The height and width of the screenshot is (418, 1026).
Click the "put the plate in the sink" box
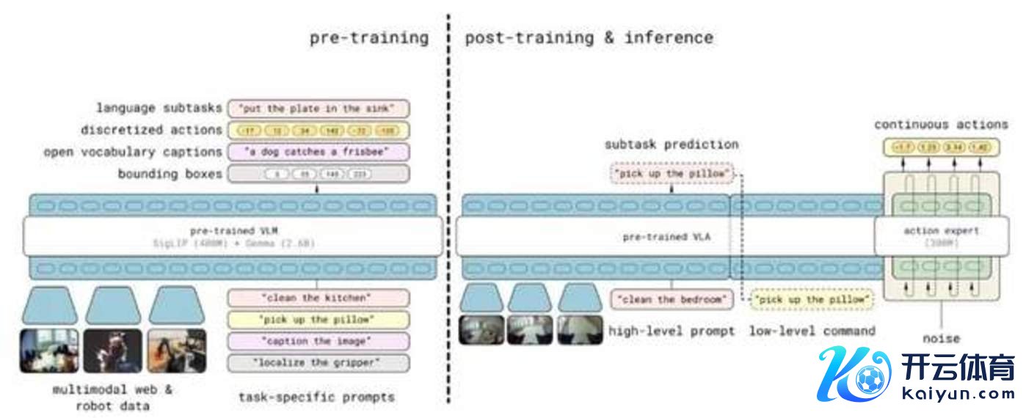(x=318, y=109)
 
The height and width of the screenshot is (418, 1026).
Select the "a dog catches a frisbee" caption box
(x=318, y=152)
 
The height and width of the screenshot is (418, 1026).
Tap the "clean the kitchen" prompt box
(x=318, y=298)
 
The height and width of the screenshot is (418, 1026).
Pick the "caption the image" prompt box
(x=318, y=341)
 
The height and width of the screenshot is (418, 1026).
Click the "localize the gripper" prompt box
(x=318, y=362)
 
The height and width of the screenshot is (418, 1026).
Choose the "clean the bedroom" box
(x=672, y=299)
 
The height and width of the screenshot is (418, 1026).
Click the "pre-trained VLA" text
(x=666, y=237)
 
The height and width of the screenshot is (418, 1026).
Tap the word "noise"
(x=941, y=338)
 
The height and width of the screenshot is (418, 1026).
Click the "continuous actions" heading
(x=941, y=125)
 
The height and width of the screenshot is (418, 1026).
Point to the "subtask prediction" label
(x=671, y=144)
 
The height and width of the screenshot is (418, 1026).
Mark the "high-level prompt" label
(x=671, y=331)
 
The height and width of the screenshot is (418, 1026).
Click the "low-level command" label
(x=812, y=331)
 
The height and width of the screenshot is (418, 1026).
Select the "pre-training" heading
(x=368, y=37)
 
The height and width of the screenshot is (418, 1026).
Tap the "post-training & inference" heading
(x=589, y=37)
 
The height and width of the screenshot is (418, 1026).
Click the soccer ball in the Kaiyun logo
(x=869, y=380)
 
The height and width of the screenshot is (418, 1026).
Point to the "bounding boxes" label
(x=170, y=174)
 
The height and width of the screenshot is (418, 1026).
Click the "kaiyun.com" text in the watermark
(x=957, y=393)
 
